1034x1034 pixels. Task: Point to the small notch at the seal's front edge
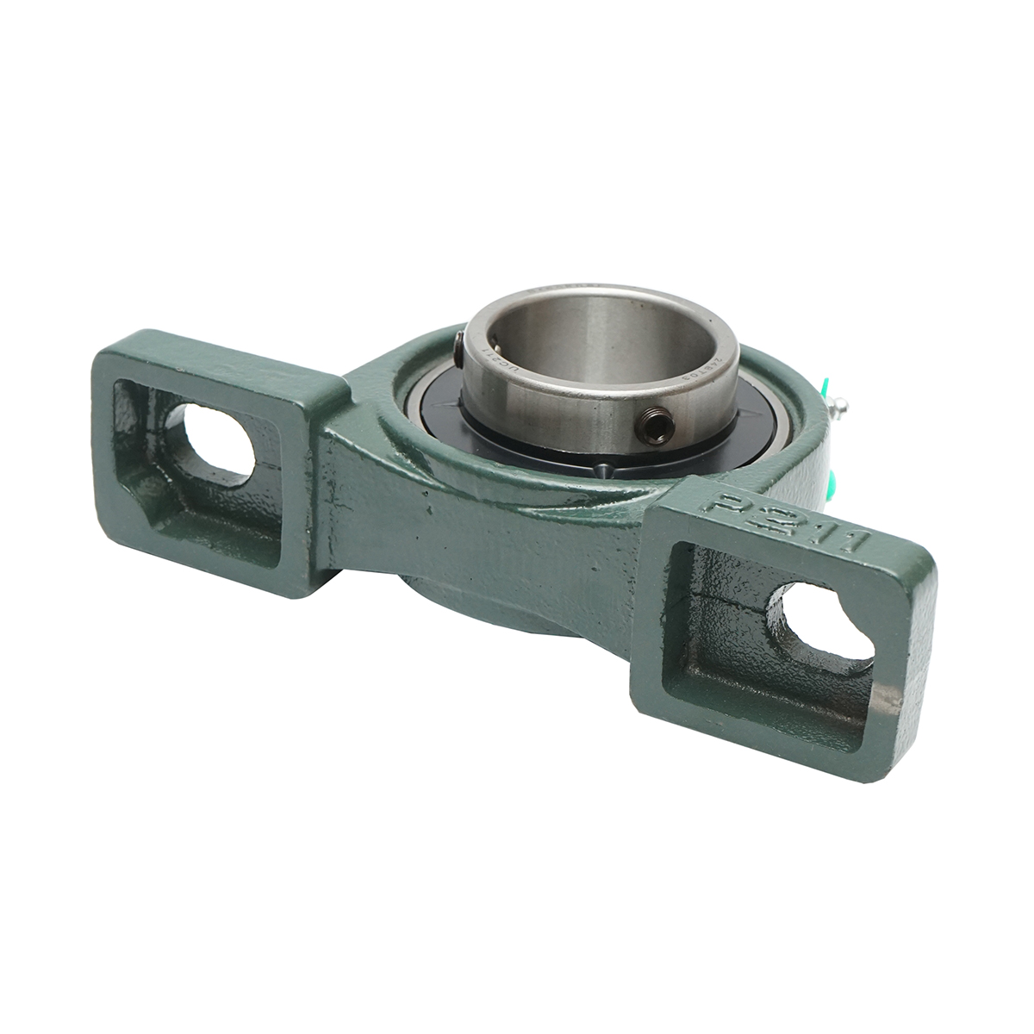[x=602, y=470]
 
